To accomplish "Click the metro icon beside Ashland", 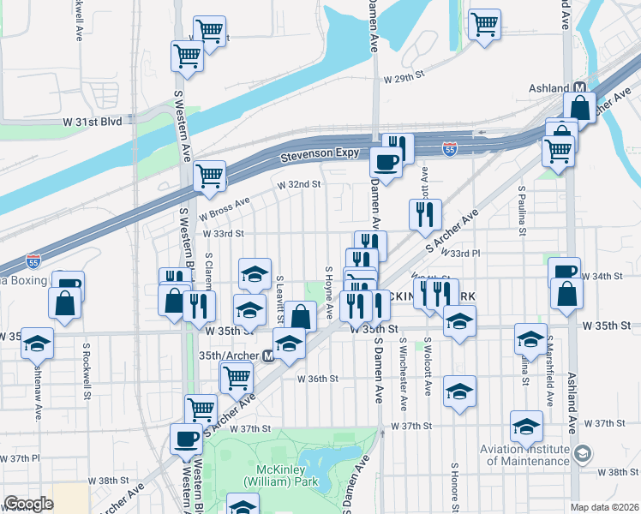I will pyautogui.click(x=580, y=88).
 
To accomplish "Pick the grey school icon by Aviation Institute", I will pyautogui.click(x=582, y=452).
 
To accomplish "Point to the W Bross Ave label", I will pyautogui.click(x=224, y=206).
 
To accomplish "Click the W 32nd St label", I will pyautogui.click(x=298, y=183).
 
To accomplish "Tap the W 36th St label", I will pyautogui.click(x=318, y=378).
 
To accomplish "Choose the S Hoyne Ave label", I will pyautogui.click(x=328, y=292).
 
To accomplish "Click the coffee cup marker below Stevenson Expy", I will pyautogui.click(x=385, y=162).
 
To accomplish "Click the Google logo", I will pyautogui.click(x=28, y=504).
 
